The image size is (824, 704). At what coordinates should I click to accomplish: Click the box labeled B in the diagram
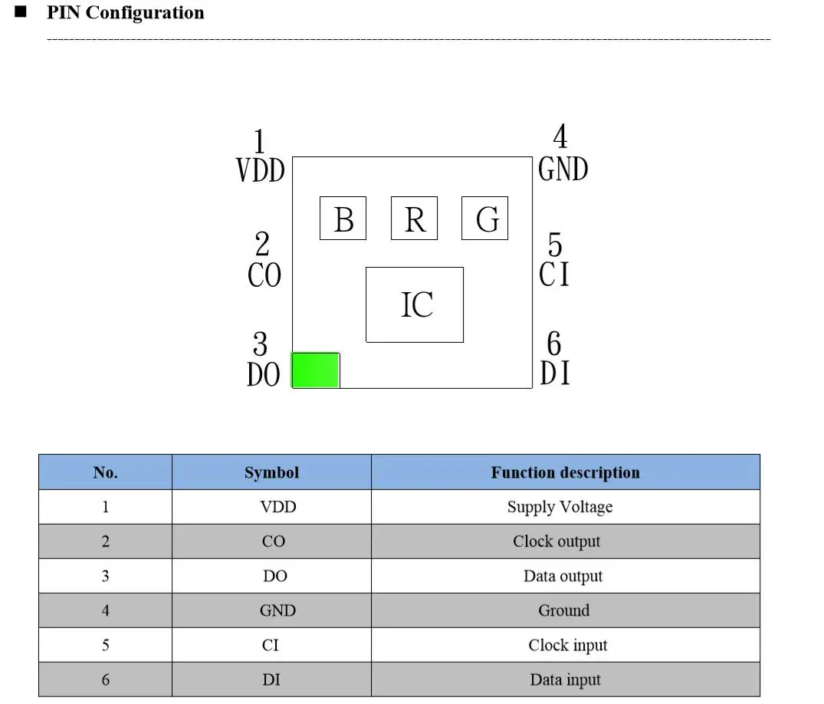[343, 219]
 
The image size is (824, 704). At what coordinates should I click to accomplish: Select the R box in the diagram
[414, 219]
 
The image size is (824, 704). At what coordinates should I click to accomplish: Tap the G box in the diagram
[484, 219]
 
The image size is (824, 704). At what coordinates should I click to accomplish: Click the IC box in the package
[415, 304]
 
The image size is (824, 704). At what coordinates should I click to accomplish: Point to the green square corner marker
[315, 370]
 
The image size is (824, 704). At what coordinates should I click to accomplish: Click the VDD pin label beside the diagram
[261, 170]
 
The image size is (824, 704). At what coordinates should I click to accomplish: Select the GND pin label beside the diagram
[563, 169]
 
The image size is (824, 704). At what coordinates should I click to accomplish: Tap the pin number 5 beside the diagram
[554, 245]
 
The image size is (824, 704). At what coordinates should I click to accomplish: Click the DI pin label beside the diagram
[555, 373]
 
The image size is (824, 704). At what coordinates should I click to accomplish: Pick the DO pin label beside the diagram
[264, 375]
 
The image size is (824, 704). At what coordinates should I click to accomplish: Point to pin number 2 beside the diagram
[262, 245]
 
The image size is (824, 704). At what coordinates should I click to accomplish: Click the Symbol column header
[271, 472]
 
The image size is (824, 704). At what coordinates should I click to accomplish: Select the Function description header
[565, 472]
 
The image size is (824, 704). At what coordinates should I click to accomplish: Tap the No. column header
[105, 472]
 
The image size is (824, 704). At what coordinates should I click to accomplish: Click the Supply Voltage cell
[560, 507]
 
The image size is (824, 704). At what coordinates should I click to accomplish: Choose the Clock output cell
[556, 541]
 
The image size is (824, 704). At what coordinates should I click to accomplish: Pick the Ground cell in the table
[563, 610]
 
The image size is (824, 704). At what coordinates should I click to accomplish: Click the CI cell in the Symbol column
[271, 645]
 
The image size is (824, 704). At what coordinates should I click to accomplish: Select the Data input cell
[565, 679]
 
